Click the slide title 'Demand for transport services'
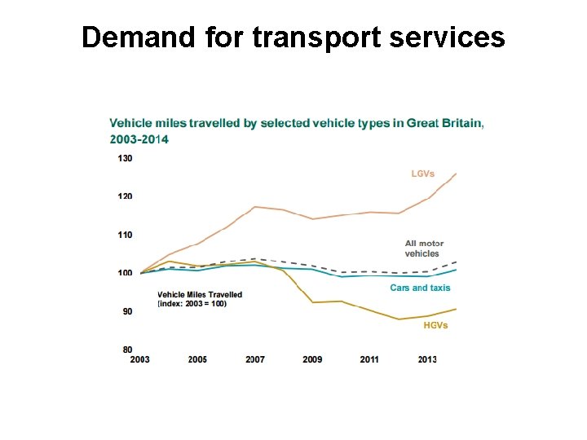tap(293, 37)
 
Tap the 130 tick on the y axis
tap(125, 158)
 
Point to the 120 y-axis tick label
tap(125, 196)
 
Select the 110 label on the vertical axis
tap(125, 235)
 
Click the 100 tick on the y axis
tap(125, 273)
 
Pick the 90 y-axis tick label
tap(126, 311)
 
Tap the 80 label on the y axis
tap(126, 350)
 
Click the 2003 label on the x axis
tap(139, 359)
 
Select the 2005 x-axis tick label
tap(196, 359)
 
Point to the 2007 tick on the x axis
tap(254, 359)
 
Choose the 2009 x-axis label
tap(311, 359)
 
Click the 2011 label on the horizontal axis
tap(369, 359)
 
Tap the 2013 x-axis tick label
tap(426, 359)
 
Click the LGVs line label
tap(422, 174)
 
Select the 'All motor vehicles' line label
tap(424, 249)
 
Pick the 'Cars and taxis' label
tap(420, 288)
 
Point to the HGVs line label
tap(435, 326)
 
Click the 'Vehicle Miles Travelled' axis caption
tap(200, 295)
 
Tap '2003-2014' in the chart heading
tap(139, 139)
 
